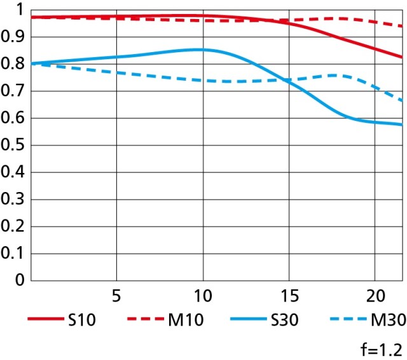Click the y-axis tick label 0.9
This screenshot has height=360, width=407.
pos(12,37)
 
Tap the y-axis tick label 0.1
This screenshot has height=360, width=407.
pos(12,253)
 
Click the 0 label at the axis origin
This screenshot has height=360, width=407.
pos(19,280)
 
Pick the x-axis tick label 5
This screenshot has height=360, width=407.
pos(116,296)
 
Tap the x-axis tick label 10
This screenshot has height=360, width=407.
pos(202,296)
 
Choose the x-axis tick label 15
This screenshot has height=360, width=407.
pos(288,296)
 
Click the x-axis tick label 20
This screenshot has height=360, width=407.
pos(375,296)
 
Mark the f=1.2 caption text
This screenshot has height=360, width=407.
pos(384,349)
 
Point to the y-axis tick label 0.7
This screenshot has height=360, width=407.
pos(12,91)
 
